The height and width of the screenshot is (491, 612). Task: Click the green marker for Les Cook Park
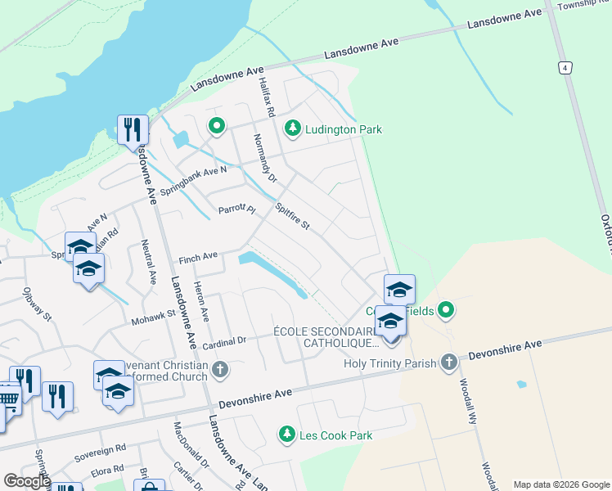pyautogui.click(x=286, y=435)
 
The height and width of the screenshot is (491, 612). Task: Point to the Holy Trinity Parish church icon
pyautogui.click(x=448, y=363)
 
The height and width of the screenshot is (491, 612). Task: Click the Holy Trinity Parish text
pyautogui.click(x=391, y=363)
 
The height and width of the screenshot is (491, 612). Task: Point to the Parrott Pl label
pyautogui.click(x=237, y=210)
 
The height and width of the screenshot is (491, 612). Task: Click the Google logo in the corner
pyautogui.click(x=27, y=481)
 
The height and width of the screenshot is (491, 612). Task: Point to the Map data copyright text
pyautogui.click(x=561, y=484)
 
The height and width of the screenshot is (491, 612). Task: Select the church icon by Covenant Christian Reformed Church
pyautogui.click(x=218, y=370)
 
